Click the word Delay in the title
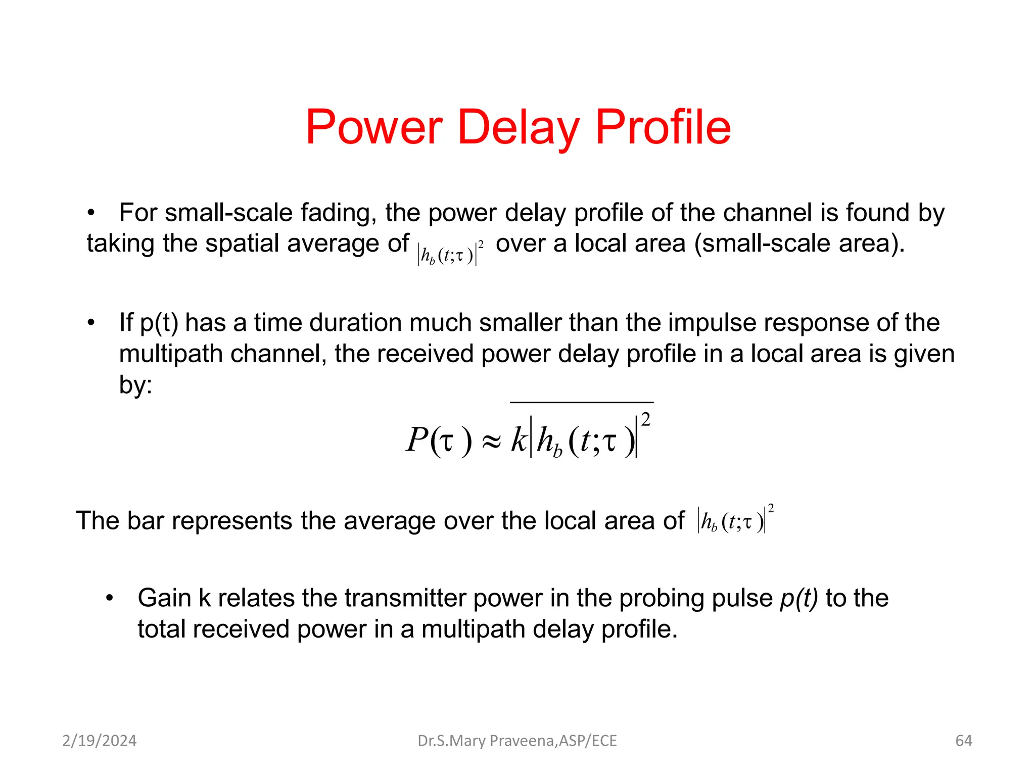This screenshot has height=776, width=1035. tap(518, 127)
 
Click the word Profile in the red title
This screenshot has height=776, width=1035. tap(663, 127)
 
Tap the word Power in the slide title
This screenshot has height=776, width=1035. tap(374, 127)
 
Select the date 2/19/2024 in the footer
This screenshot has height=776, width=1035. tap(100, 741)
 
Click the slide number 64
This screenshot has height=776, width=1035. tap(964, 741)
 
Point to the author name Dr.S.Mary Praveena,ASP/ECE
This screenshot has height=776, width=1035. tap(517, 741)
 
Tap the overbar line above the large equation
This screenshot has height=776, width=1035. tap(581, 403)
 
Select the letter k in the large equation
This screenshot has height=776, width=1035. tap(519, 440)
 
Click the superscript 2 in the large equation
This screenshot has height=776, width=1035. tap(645, 419)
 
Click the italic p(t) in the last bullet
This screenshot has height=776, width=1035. tap(799, 598)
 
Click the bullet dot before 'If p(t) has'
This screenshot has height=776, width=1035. tap(91, 323)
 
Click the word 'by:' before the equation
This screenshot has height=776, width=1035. tap(135, 385)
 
